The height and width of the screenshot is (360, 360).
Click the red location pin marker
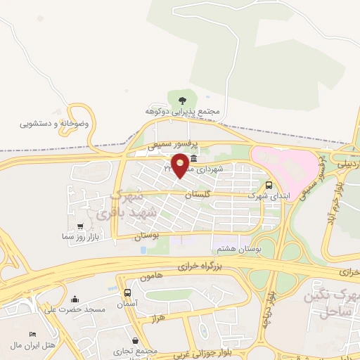tap(181, 165)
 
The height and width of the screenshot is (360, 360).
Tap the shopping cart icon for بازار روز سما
tap(80, 226)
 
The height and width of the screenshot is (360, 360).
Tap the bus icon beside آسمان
tap(127, 292)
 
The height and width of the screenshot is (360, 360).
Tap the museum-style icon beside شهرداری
tap(193, 159)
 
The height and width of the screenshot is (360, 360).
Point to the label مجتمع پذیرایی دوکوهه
tap(184, 111)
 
